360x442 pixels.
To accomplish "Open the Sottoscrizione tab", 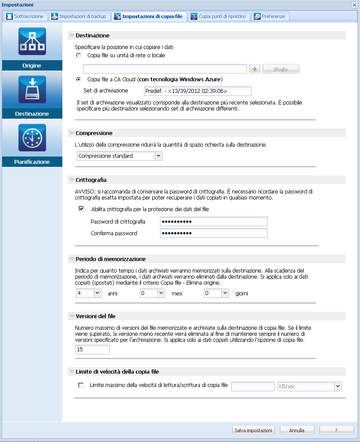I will (25, 16).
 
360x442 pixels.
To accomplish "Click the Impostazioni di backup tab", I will (79, 16).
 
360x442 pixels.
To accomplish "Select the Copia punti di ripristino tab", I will (218, 16).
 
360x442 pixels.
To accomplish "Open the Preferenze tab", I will (270, 16).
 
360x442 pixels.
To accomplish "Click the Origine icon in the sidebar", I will (32, 42).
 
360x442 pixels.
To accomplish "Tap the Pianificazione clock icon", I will (32, 138).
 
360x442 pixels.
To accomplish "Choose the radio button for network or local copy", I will (78, 55).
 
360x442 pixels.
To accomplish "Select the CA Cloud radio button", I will (78, 80).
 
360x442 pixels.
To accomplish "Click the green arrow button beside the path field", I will (255, 69).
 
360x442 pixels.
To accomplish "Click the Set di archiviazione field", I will (197, 91).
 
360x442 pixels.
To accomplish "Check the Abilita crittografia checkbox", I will (81, 209).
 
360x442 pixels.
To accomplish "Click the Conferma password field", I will (213, 233).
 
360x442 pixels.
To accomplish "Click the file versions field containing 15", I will (92, 350).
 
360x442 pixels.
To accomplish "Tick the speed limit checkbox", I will (81, 385).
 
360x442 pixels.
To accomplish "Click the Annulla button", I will (297, 430).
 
